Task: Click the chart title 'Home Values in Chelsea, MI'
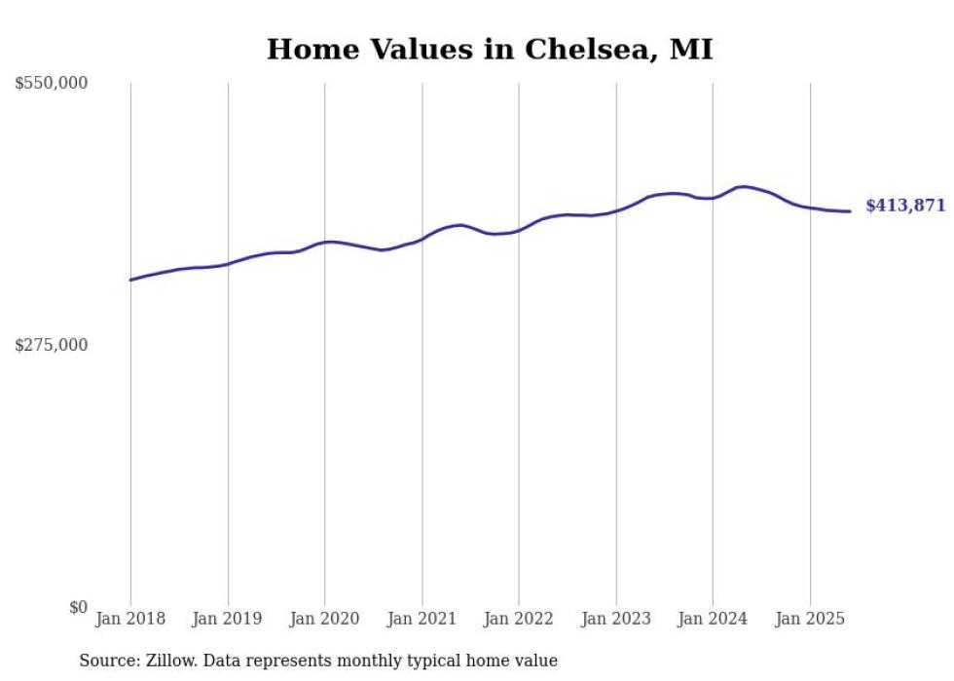[x=490, y=49]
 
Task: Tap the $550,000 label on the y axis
[x=52, y=84]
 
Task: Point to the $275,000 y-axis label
[x=52, y=345]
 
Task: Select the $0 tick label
[x=78, y=607]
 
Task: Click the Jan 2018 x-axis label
[x=130, y=619]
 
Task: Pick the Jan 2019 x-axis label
[x=228, y=619]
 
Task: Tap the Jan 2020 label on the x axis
[x=325, y=619]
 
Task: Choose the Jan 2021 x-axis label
[x=422, y=619]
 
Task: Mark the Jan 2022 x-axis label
[x=519, y=619]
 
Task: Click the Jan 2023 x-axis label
[x=615, y=619]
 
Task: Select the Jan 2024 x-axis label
[x=713, y=619]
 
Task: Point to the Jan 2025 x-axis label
[x=810, y=619]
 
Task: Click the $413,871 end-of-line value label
[x=905, y=206]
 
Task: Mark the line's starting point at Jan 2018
[x=130, y=280]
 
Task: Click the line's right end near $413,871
[x=850, y=211]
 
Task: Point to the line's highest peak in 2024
[x=744, y=186]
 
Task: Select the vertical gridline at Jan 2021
[x=422, y=438]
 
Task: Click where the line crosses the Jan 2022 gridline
[x=519, y=231]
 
